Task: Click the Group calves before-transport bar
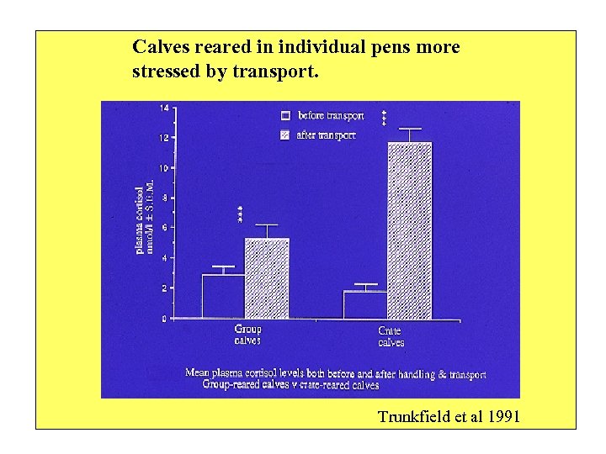tap(223, 296)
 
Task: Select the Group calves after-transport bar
tap(266, 278)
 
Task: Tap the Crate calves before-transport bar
tap(365, 304)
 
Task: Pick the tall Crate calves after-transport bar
tap(409, 230)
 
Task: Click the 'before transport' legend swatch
tap(286, 115)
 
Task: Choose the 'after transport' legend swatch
tap(286, 135)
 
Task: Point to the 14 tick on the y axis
tap(163, 108)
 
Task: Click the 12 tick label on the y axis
tap(163, 137)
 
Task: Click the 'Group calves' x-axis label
tap(247, 335)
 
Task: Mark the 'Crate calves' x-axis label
tap(391, 336)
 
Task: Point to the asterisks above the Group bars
tap(240, 214)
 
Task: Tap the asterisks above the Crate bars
tap(384, 118)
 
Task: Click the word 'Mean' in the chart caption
tap(198, 374)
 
